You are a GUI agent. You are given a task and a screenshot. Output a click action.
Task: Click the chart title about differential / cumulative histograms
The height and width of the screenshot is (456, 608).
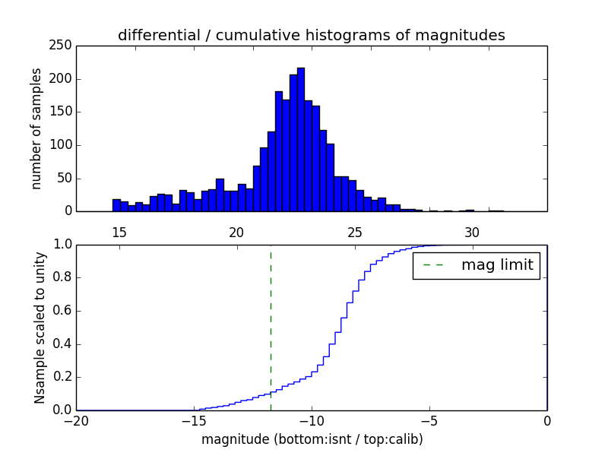coord(311,35)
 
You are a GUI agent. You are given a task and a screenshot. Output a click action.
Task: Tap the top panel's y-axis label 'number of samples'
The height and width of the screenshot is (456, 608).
coord(36,128)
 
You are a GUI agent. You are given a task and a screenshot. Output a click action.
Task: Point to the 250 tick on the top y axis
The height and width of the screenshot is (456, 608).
coord(63,46)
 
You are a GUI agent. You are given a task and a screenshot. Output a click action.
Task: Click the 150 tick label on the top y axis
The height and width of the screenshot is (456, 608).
coord(63,112)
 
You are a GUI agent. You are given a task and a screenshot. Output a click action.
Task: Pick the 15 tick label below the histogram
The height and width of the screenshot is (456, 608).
coord(119,232)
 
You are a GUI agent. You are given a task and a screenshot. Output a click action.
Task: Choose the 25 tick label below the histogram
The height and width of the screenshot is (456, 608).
coord(353,232)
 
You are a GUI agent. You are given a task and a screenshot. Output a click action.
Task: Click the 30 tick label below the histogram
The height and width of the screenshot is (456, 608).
coord(471,232)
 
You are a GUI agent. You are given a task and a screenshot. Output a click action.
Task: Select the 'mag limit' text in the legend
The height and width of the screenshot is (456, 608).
coord(497,265)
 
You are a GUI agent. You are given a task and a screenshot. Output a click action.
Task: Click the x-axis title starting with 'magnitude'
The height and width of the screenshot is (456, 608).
coord(312,439)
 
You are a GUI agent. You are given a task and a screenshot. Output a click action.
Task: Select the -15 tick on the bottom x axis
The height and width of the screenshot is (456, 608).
coord(194,420)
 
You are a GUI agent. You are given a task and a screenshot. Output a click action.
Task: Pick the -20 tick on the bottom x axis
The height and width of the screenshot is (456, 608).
coord(76,420)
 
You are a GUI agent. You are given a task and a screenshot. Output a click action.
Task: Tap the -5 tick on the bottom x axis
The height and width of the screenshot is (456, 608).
coord(429,420)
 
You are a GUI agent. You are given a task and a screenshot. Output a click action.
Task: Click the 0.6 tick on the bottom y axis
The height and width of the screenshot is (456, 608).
coord(61,311)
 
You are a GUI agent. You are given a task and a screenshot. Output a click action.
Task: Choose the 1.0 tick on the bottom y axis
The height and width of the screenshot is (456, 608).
coord(61,245)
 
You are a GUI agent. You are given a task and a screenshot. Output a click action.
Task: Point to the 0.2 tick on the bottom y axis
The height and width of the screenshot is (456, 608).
coord(61,377)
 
